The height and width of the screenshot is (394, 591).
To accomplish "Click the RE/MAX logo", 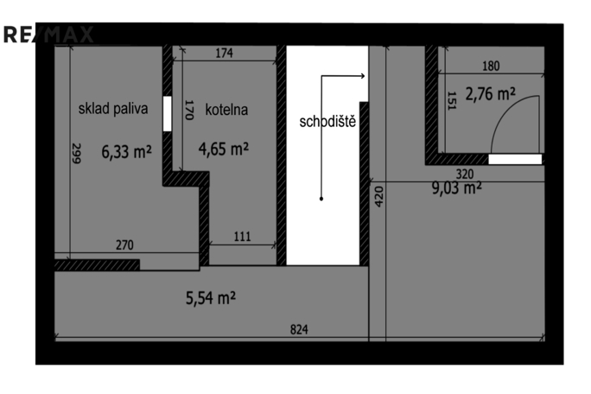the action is click(x=48, y=35).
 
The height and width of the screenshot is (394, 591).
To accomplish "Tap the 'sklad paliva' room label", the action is click(x=113, y=109).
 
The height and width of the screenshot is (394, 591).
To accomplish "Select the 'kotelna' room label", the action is click(x=226, y=110).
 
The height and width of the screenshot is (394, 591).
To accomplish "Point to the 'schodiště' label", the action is click(x=327, y=122).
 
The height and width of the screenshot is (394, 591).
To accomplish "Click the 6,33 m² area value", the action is click(x=127, y=151).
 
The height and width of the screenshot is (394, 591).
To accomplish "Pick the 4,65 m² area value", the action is click(x=224, y=149).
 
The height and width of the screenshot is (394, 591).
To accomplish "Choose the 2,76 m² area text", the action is click(x=491, y=94).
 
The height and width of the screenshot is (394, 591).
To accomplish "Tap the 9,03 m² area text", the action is click(x=457, y=187).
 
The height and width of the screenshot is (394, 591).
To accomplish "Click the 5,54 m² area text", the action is click(x=211, y=298).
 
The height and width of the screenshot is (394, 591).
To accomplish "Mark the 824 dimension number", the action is click(x=299, y=329).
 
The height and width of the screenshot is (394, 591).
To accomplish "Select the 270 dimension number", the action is click(x=124, y=245).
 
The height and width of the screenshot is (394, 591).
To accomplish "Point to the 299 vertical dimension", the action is click(x=76, y=153).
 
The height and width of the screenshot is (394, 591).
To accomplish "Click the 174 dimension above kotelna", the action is click(x=225, y=54).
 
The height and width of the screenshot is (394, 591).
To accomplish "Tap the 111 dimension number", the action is click(x=242, y=237).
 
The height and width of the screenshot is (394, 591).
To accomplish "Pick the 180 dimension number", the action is click(x=491, y=66).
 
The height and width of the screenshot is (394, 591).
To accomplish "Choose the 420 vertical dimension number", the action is click(x=379, y=196).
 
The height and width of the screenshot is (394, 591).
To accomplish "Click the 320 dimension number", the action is click(x=465, y=175).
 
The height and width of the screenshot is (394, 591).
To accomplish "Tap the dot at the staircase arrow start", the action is click(x=321, y=199).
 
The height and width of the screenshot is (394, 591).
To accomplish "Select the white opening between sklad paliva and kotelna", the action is click(x=167, y=113).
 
